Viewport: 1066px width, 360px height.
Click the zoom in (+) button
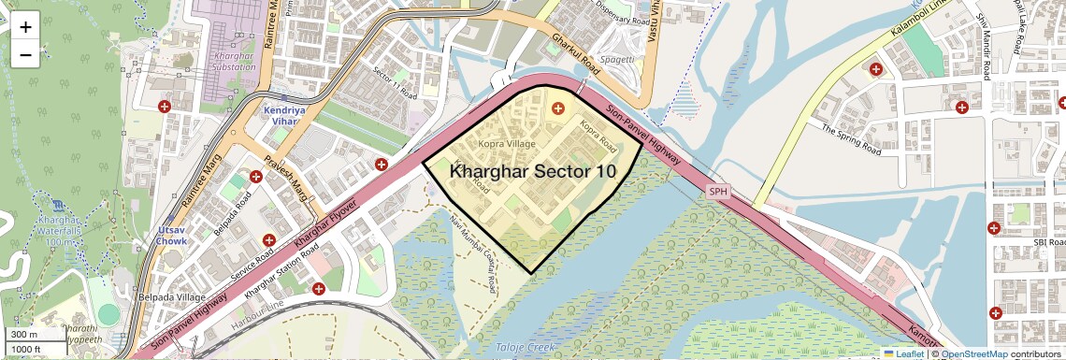click(x=25, y=26)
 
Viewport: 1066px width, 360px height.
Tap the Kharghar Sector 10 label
click(x=533, y=171)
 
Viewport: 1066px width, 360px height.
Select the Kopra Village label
click(x=507, y=144)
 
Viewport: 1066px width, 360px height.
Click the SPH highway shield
click(x=718, y=192)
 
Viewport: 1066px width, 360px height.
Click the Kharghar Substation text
click(x=222, y=62)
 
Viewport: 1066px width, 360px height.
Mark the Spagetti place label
click(x=616, y=58)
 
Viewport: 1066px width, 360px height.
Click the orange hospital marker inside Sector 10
click(x=558, y=108)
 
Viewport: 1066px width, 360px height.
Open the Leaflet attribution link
click(x=904, y=353)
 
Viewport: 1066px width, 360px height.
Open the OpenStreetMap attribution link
click(x=973, y=353)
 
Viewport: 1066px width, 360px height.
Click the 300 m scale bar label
click(x=24, y=334)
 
